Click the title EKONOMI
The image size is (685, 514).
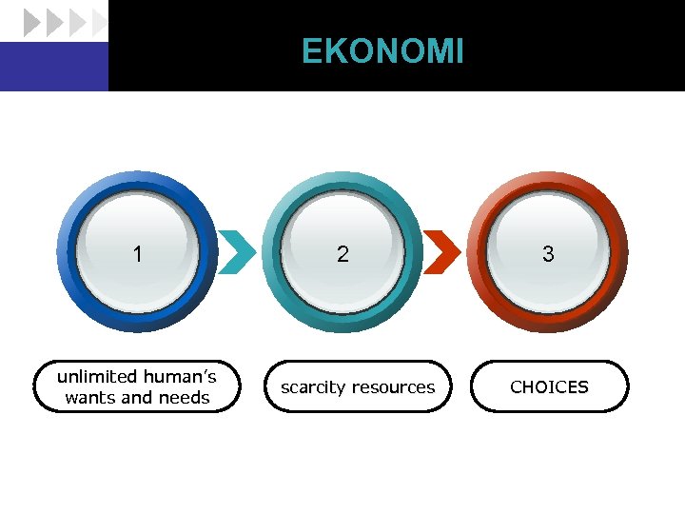click(x=382, y=51)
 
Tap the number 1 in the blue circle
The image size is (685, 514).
click(x=139, y=254)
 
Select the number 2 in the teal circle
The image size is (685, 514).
click(x=342, y=254)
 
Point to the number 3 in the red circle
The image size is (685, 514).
click(x=548, y=254)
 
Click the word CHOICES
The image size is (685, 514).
click(x=549, y=387)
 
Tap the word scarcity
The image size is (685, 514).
click(x=313, y=387)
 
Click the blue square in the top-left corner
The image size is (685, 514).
click(x=53, y=67)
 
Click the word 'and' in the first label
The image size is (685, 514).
click(x=136, y=398)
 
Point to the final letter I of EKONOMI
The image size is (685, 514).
click(x=460, y=51)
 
